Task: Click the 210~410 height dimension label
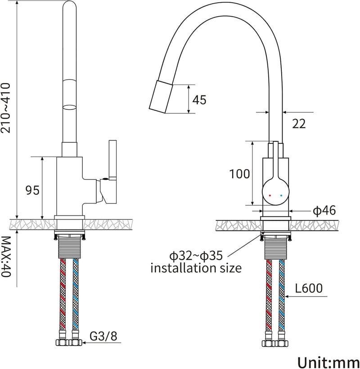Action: click(x=5, y=108)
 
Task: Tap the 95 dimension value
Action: click(x=32, y=190)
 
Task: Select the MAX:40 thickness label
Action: click(x=5, y=257)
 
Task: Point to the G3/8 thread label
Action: click(x=103, y=336)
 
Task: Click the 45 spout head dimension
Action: click(x=199, y=100)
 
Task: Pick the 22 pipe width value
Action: click(x=299, y=124)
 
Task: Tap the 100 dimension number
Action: click(x=239, y=174)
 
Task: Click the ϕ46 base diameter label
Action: click(x=324, y=211)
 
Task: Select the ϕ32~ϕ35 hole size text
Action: click(x=196, y=256)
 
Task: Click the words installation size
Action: click(x=196, y=268)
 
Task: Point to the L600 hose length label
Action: click(x=309, y=288)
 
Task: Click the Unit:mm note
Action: click(x=328, y=362)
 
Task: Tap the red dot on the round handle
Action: click(x=270, y=196)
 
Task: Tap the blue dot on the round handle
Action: click(x=281, y=196)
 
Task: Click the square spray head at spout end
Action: click(x=162, y=97)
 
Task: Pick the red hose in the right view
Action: click(x=269, y=294)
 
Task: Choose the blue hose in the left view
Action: click(x=76, y=294)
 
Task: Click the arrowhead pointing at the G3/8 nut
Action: click(x=85, y=342)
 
